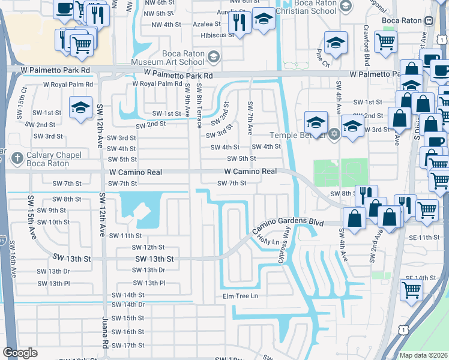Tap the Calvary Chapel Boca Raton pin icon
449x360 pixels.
pos(17,158)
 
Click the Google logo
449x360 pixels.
pos(20,353)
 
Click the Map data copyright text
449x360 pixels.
pos(423,355)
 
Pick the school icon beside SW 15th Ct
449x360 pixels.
pos(80,108)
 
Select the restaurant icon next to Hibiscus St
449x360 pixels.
pos(240,23)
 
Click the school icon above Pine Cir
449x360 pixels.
pos(336,43)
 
